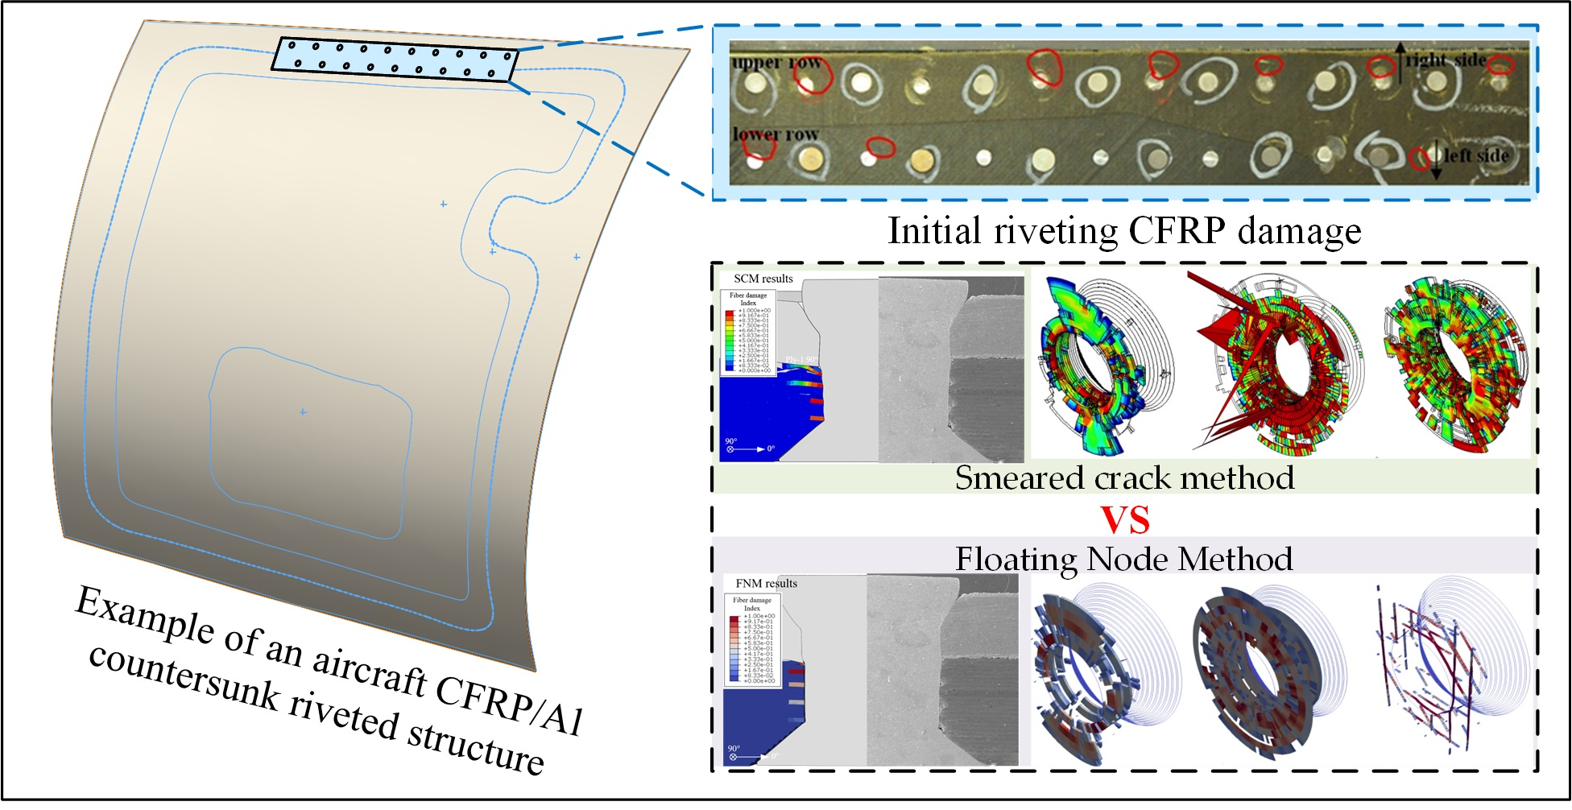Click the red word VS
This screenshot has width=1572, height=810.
click(x=1125, y=519)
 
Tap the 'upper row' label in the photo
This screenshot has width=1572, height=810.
click(x=776, y=62)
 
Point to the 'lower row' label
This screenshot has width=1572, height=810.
click(x=775, y=134)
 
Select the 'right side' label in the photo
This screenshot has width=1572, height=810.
click(x=1446, y=60)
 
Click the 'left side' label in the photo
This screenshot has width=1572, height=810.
click(x=1475, y=155)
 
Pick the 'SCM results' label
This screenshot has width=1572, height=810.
click(x=763, y=279)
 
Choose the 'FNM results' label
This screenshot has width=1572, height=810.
click(x=766, y=583)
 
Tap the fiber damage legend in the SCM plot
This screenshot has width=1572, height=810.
click(x=749, y=333)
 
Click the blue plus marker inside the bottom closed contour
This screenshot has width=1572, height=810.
click(x=303, y=412)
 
